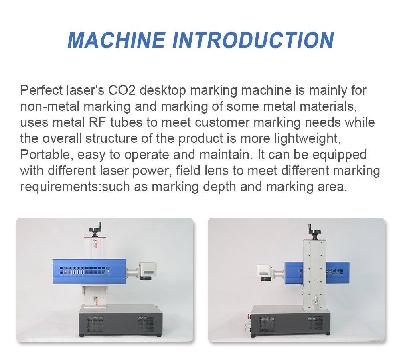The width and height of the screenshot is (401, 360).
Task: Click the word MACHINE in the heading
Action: tap(116, 40)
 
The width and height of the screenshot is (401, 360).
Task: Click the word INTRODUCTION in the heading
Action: tap(253, 40)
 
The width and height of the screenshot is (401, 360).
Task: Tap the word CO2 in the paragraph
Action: tap(122, 90)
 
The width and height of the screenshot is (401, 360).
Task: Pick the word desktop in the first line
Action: tap(163, 91)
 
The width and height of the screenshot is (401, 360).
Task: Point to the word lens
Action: tap(217, 171)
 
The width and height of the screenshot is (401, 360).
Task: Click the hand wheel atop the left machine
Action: tap(96, 229)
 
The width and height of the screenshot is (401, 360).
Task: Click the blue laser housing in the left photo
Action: tap(89, 271)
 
